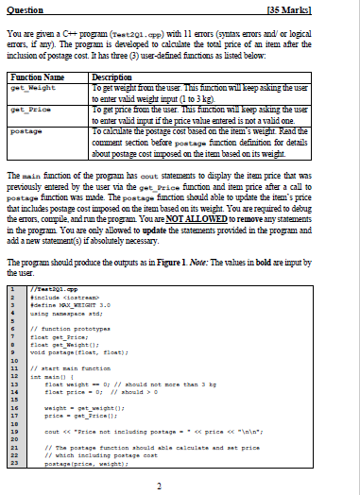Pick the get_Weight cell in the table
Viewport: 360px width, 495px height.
click(27, 84)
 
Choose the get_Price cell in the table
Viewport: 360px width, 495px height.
click(26, 107)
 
